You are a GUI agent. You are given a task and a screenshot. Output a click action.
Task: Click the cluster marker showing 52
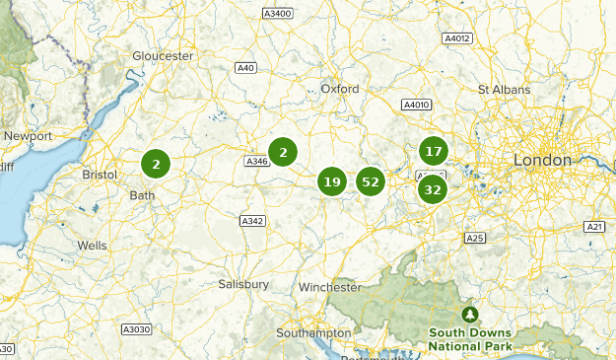[x=370, y=181]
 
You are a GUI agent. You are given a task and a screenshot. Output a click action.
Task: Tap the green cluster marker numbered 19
[x=332, y=181]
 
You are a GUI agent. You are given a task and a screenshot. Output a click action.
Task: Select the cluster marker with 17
[x=433, y=151]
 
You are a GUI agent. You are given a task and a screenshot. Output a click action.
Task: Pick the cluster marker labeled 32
[x=433, y=188]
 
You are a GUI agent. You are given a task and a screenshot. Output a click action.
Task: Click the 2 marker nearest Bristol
[x=156, y=164]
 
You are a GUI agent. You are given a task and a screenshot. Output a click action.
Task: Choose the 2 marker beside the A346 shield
[x=283, y=152]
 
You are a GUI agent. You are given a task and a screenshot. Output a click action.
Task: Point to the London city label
[x=541, y=160]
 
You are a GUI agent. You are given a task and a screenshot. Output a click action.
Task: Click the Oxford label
[x=340, y=88]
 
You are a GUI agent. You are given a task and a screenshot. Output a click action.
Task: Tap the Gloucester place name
[x=163, y=56]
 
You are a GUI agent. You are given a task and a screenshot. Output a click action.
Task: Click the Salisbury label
[x=243, y=284]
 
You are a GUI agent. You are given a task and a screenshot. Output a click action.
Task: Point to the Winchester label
[x=330, y=287]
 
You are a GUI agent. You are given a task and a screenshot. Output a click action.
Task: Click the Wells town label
[x=92, y=245]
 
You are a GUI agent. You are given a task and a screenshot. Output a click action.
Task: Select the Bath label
[x=142, y=195]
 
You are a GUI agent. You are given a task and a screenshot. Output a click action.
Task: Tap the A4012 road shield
[x=457, y=38]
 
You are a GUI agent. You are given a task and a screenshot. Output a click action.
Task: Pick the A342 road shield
[x=252, y=221]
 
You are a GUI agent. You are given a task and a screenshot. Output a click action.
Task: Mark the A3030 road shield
[x=136, y=328]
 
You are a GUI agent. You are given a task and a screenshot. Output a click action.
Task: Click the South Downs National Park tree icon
[x=470, y=315]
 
